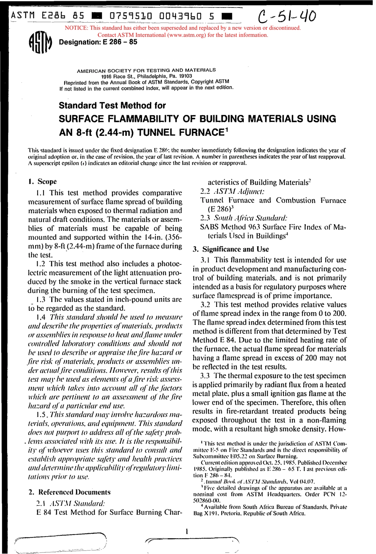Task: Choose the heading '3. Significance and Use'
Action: (230, 249)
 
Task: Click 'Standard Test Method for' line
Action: (112, 105)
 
